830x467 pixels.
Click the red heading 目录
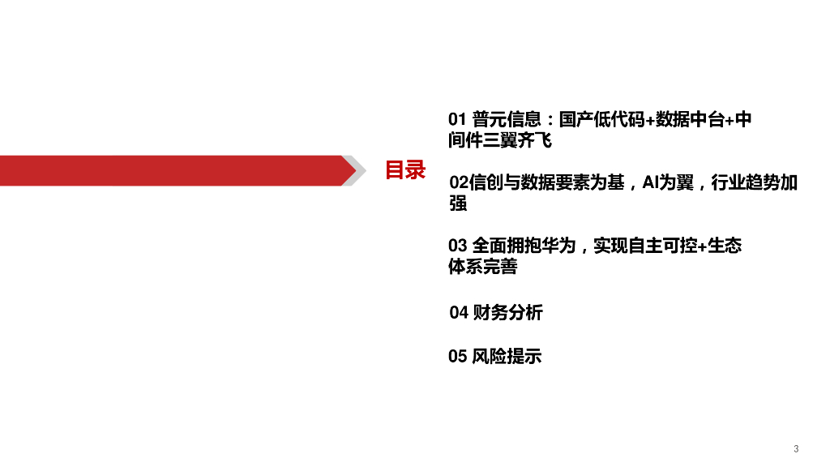[x=404, y=170]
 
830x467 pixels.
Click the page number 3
[x=796, y=449]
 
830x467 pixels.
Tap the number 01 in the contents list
[x=457, y=120]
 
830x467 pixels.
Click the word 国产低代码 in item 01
[x=601, y=120]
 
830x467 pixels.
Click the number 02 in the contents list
[x=458, y=183]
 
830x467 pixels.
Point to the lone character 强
[x=458, y=204]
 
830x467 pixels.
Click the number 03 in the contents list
[x=458, y=246]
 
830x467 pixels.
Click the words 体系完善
[x=482, y=266]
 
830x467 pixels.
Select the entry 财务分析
[x=507, y=313]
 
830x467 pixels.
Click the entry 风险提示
[x=507, y=356]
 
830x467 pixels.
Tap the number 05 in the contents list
[x=458, y=356]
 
